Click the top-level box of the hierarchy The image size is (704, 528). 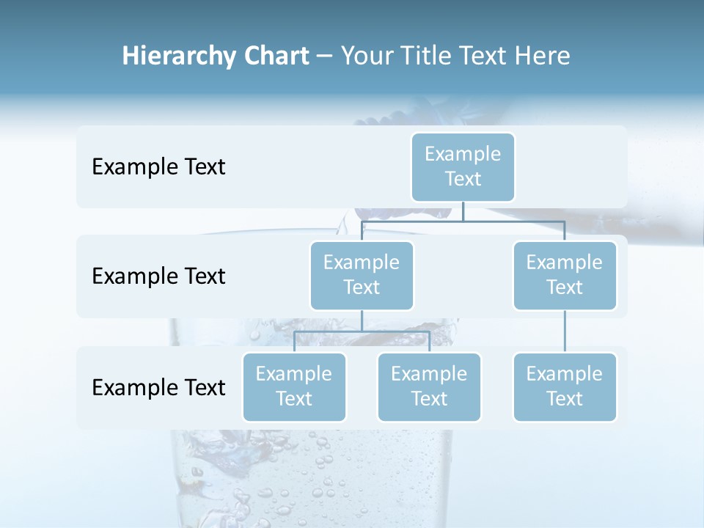(463, 166)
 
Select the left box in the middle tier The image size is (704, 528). (362, 275)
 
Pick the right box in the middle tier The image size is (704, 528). (565, 275)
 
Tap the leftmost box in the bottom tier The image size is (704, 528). (294, 386)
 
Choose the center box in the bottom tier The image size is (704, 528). (429, 386)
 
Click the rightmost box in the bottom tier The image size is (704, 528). (565, 386)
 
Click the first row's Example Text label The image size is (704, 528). (158, 167)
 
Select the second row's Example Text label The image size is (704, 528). (158, 276)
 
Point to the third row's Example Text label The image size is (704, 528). (158, 387)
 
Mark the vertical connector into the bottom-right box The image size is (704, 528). (565, 331)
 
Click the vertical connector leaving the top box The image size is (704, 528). (463, 211)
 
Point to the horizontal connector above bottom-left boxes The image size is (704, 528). (362, 331)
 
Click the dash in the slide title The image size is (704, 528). (324, 56)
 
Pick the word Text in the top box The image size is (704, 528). (463, 179)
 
